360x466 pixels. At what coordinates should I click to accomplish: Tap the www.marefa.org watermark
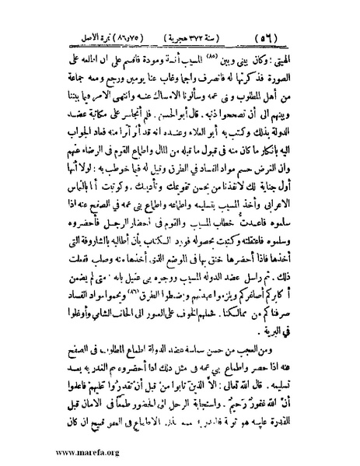pyautogui.click(x=57, y=451)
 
